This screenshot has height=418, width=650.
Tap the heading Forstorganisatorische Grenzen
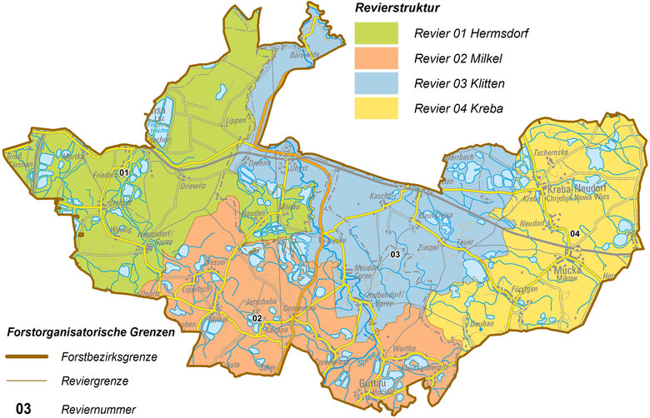(91, 331)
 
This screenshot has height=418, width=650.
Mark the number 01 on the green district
(123, 172)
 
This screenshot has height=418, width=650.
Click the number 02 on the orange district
(257, 318)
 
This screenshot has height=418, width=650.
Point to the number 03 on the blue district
(396, 253)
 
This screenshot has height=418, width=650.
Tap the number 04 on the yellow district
(574, 232)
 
